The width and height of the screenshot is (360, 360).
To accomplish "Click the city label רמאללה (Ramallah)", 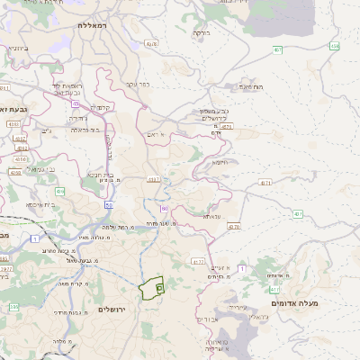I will tap(92, 27).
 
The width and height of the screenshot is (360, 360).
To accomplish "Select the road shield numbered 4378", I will tap(151, 43).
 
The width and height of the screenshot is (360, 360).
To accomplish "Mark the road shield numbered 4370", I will tap(233, 227).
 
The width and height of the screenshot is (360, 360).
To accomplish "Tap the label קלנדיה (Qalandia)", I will tap(99, 108).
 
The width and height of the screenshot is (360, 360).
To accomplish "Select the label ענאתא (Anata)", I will tap(211, 216).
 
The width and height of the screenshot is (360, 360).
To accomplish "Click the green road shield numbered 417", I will tap(197, 262).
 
